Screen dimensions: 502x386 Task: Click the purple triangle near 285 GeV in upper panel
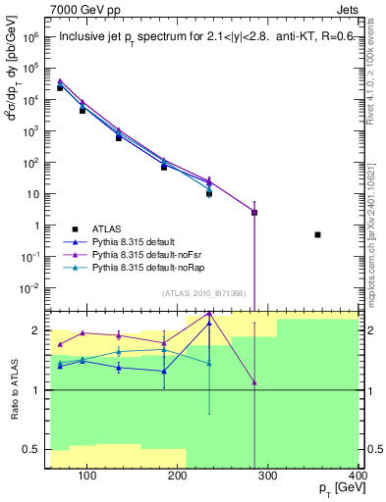click(x=254, y=212)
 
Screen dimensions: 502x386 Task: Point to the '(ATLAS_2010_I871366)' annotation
click(x=205, y=293)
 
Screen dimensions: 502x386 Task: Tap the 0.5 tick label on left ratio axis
click(x=35, y=452)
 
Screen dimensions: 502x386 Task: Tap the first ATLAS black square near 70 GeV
click(x=60, y=88)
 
